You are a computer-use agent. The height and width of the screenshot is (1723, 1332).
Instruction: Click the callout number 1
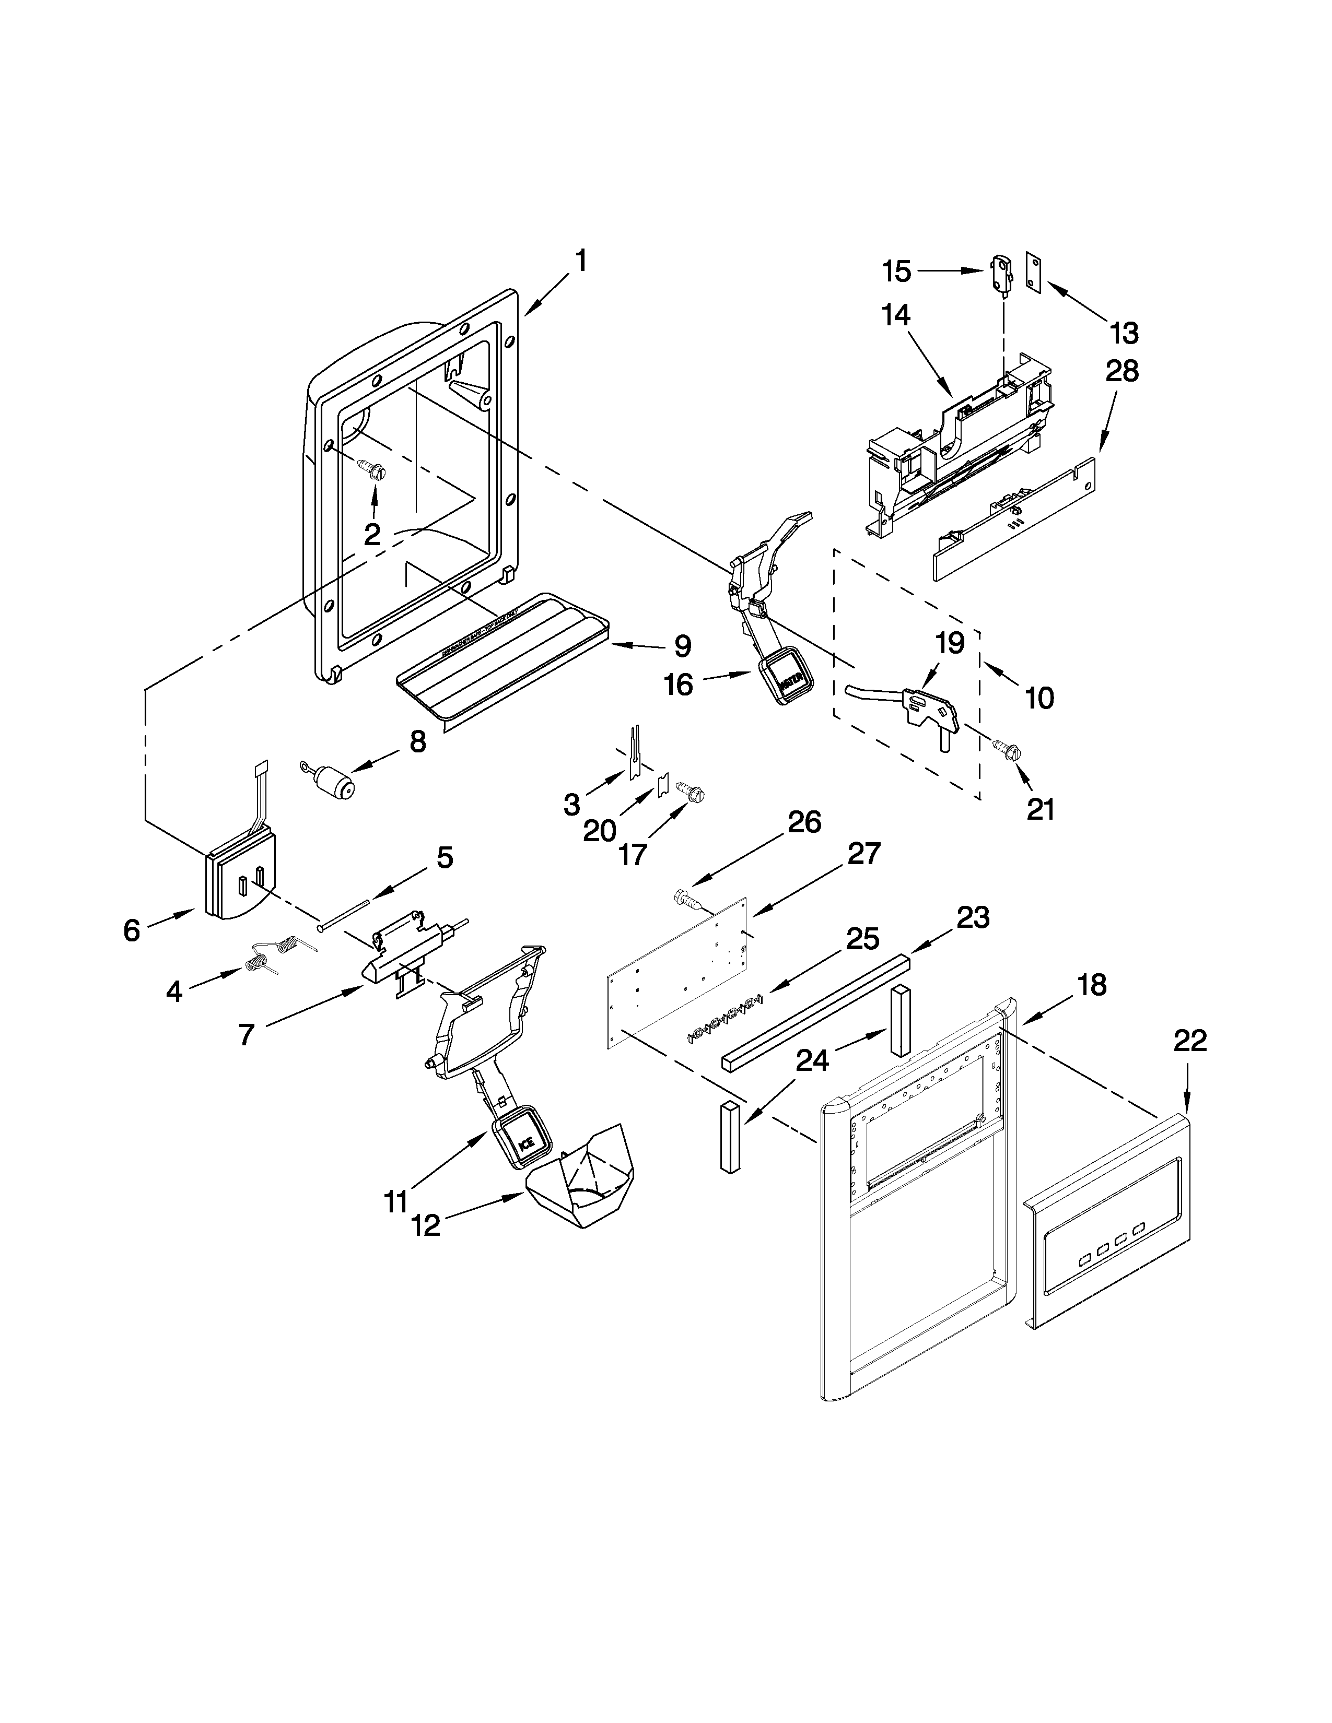point(581,261)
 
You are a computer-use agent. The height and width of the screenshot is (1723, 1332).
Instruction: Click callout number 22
point(1190,1042)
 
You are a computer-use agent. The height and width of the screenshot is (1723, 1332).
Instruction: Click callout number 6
point(132,930)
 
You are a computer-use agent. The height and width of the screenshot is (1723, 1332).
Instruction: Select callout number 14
point(896,315)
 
